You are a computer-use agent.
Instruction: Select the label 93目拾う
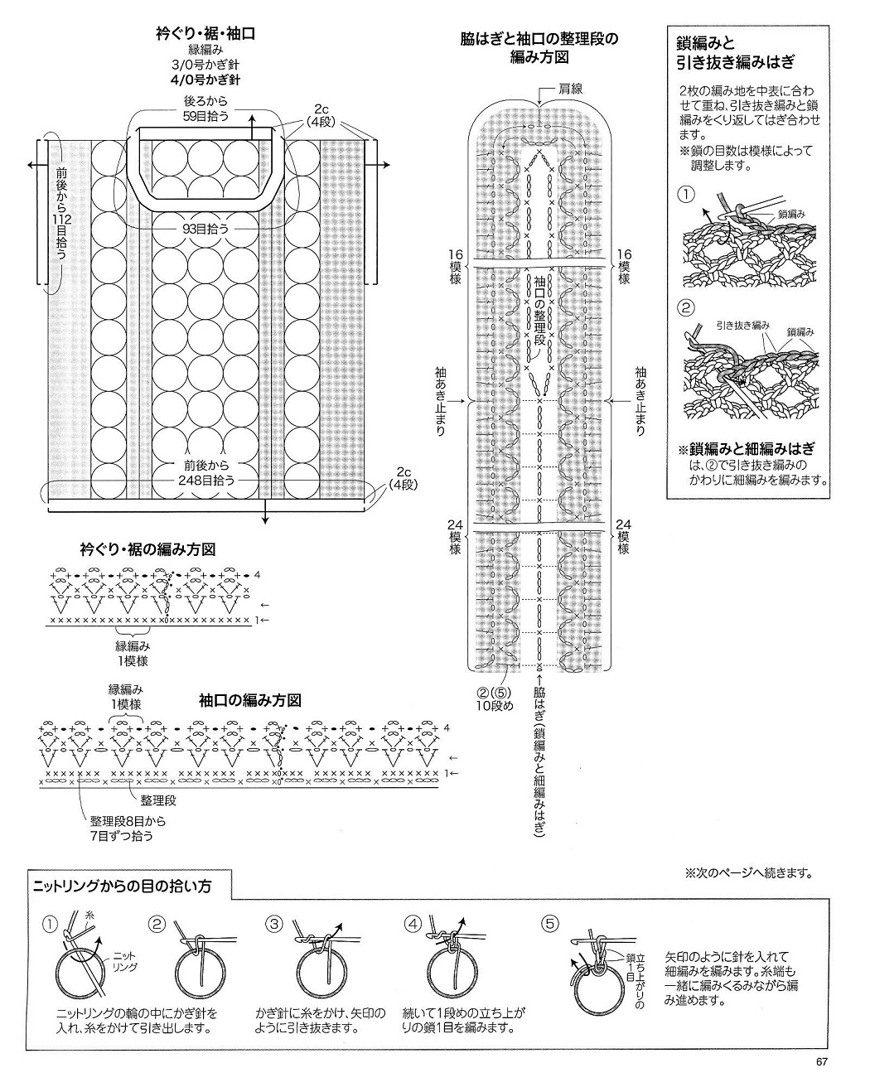205,228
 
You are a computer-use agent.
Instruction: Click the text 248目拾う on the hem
205,480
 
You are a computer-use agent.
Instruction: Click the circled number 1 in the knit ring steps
51,923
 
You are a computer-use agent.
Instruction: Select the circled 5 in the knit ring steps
548,923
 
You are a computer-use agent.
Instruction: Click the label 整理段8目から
128,822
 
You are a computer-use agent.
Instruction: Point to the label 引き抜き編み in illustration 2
742,326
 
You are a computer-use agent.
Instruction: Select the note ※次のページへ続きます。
748,872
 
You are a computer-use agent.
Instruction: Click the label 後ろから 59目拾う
206,108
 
